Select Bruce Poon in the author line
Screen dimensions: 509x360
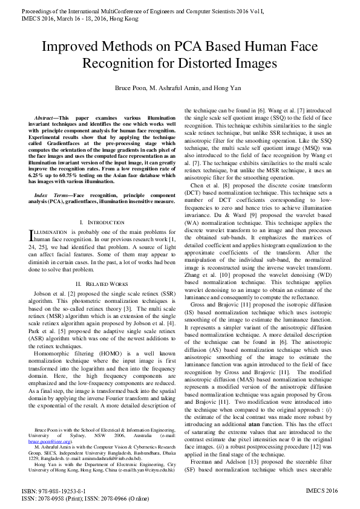tap(133, 88)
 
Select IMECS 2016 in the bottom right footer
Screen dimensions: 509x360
tap(322, 491)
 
